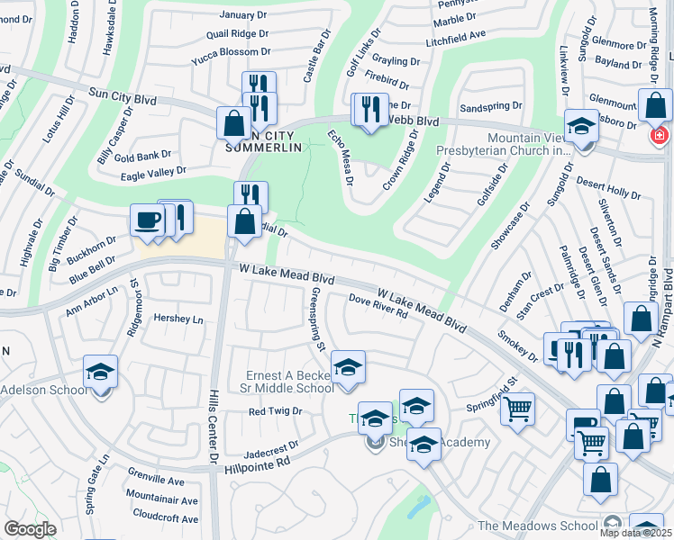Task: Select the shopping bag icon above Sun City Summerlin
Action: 233,123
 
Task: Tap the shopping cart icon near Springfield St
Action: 517,409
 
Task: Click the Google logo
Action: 30,529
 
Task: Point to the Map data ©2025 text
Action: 636,533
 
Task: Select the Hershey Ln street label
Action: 179,319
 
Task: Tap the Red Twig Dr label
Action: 275,411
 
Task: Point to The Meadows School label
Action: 538,526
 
